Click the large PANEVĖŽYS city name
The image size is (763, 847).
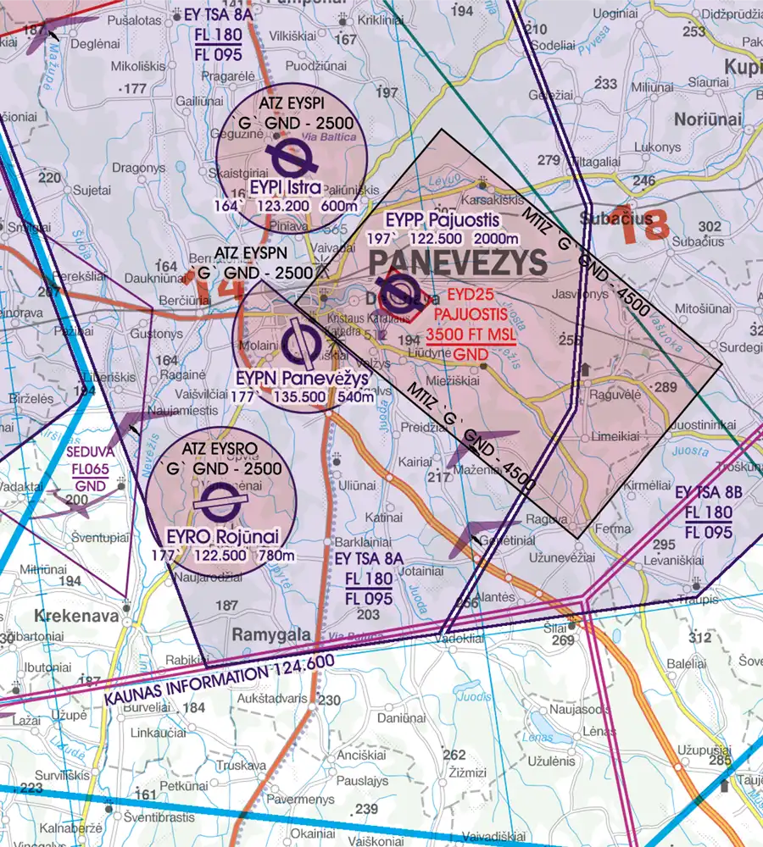coord(458,263)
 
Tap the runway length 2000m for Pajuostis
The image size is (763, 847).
coord(499,238)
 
